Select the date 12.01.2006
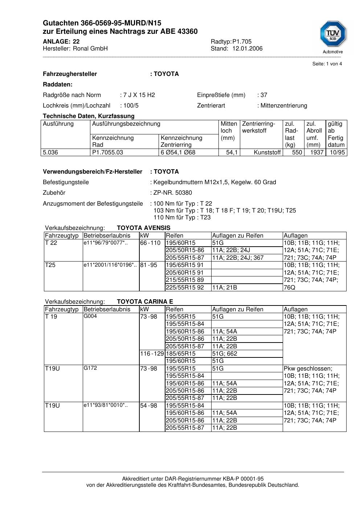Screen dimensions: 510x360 (247, 49)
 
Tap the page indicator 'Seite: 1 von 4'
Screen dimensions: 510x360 (327, 64)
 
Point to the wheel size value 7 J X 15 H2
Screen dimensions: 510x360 (139, 95)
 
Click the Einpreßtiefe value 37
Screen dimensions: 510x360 (264, 95)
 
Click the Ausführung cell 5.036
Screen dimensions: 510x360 (50, 153)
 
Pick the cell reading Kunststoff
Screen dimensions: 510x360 (267, 153)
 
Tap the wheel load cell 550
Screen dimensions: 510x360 (297, 153)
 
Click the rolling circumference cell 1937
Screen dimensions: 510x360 (316, 153)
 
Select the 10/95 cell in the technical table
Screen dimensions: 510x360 (337, 153)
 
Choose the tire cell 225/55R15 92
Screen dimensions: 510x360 (185, 288)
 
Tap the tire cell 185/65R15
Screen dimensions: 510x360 (181, 354)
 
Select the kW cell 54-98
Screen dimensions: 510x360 (149, 406)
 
